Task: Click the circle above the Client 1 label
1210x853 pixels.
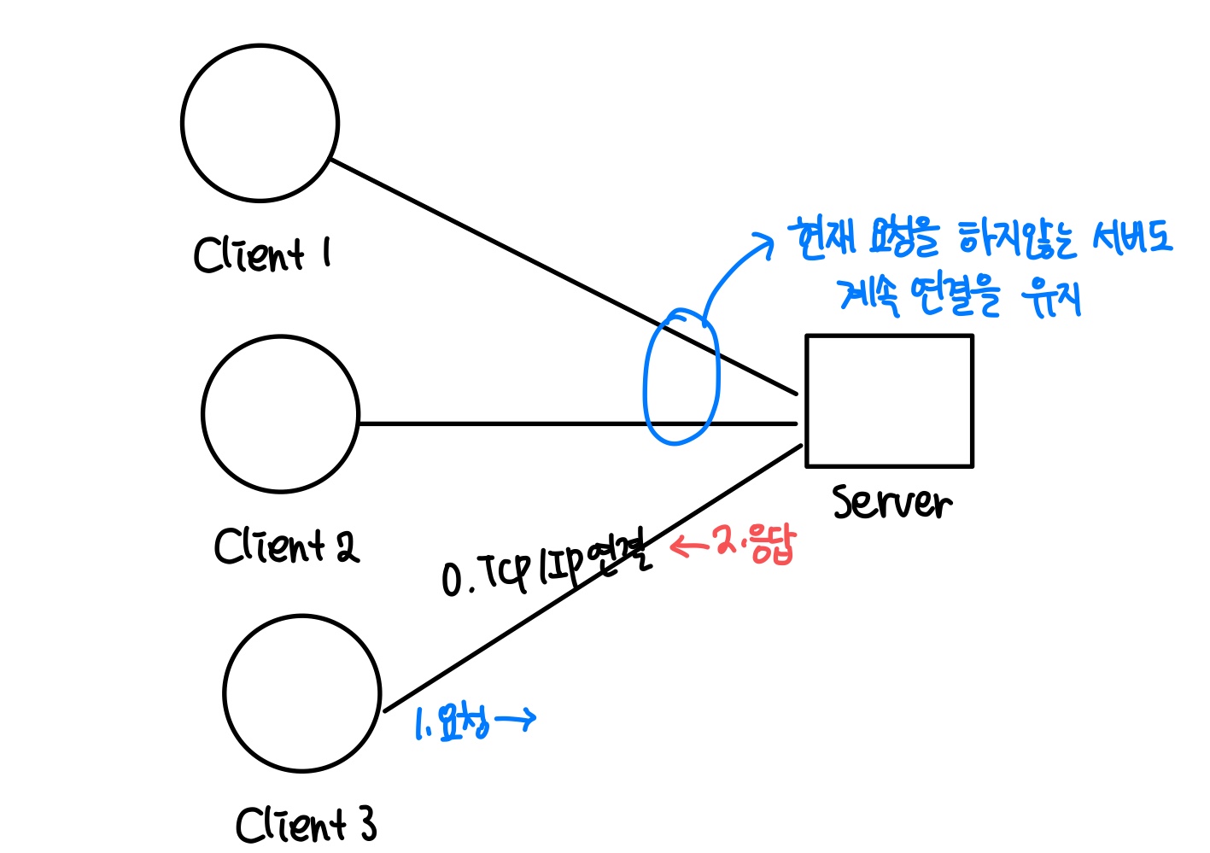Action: click(260, 124)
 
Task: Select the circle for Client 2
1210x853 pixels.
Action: click(281, 414)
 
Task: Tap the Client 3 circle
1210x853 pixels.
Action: click(302, 693)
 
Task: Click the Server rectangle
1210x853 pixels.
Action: click(889, 401)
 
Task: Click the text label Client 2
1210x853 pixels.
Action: click(286, 546)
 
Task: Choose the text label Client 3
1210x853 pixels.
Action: click(306, 825)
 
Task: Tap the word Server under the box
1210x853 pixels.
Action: click(891, 503)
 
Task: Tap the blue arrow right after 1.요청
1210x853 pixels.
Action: click(516, 720)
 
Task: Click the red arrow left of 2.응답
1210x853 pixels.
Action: click(689, 545)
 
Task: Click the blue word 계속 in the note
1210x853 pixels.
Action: click(869, 295)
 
